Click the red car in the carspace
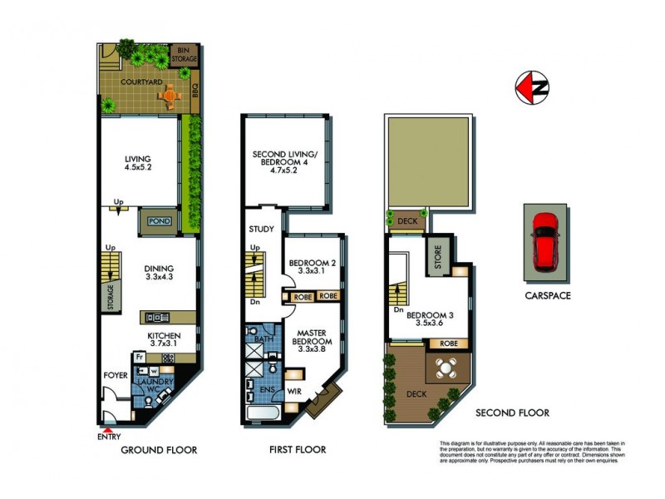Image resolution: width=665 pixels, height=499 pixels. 545,240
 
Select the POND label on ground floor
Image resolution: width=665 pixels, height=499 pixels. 158,222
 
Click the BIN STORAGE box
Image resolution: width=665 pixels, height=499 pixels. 184,56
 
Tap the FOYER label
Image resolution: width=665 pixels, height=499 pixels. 116,376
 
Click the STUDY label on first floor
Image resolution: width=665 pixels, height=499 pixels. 261,229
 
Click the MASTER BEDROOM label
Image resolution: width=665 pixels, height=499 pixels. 313,341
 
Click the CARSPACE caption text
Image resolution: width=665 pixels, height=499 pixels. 545,295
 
